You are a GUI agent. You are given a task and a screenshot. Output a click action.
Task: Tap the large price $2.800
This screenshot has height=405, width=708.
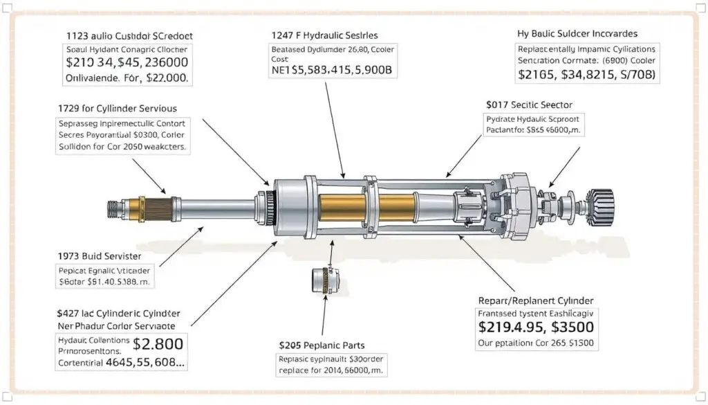159,343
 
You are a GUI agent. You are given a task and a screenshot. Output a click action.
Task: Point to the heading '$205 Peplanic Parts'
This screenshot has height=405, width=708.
322,345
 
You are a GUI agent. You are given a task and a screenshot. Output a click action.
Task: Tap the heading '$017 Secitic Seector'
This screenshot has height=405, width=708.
529,105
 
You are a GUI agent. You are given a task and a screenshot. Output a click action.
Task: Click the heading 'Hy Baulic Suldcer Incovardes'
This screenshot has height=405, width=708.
577,33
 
